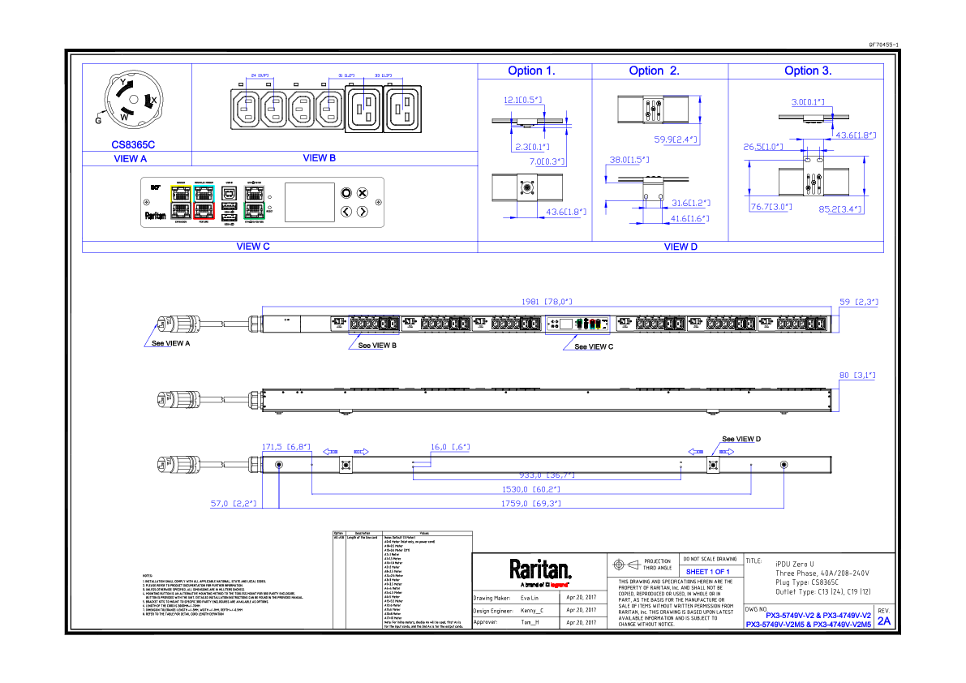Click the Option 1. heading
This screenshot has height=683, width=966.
(x=531, y=71)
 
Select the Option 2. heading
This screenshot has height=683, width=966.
(x=654, y=71)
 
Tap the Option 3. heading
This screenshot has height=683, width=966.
(x=808, y=71)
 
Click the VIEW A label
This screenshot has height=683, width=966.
(x=131, y=159)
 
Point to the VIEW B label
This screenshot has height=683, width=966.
(x=319, y=158)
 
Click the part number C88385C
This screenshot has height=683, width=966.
(x=133, y=145)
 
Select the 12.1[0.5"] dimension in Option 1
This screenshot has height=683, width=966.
(x=522, y=101)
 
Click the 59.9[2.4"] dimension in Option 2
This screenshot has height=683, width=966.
(x=676, y=140)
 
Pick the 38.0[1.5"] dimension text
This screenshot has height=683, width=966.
(x=629, y=160)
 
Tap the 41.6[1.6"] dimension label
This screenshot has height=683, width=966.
(x=689, y=218)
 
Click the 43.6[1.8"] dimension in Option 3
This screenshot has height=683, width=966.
(x=856, y=135)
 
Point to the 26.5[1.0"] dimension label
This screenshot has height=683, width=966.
(x=763, y=148)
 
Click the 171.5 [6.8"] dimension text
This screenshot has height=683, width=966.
(x=286, y=447)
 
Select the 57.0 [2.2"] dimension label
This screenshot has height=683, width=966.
(x=233, y=504)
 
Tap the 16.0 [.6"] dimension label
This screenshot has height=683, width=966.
(x=449, y=447)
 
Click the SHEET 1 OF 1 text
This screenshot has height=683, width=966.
(x=707, y=572)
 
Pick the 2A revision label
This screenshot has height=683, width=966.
(x=884, y=621)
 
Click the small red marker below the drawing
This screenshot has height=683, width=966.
(x=559, y=585)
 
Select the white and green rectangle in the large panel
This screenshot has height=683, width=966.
(x=254, y=202)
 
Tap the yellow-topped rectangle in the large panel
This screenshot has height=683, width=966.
(x=181, y=202)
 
